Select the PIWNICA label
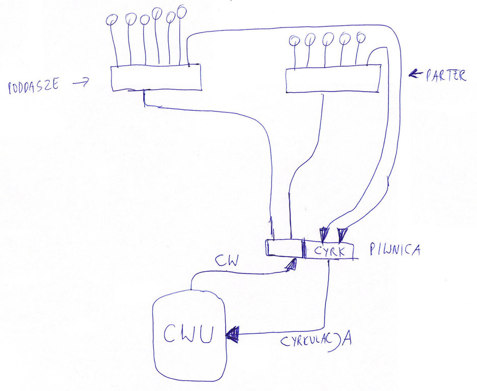pyautogui.click(x=395, y=250)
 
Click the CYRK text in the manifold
pyautogui.click(x=330, y=251)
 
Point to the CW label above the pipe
pyautogui.click(x=225, y=261)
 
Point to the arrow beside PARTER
pyautogui.click(x=416, y=75)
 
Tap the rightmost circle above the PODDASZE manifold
pyautogui.click(x=181, y=10)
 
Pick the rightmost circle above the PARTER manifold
pyautogui.click(x=361, y=37)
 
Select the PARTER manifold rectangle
pyautogui.click(x=332, y=80)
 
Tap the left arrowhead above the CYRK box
pyautogui.click(x=323, y=234)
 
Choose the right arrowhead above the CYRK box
pyautogui.click(x=341, y=234)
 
